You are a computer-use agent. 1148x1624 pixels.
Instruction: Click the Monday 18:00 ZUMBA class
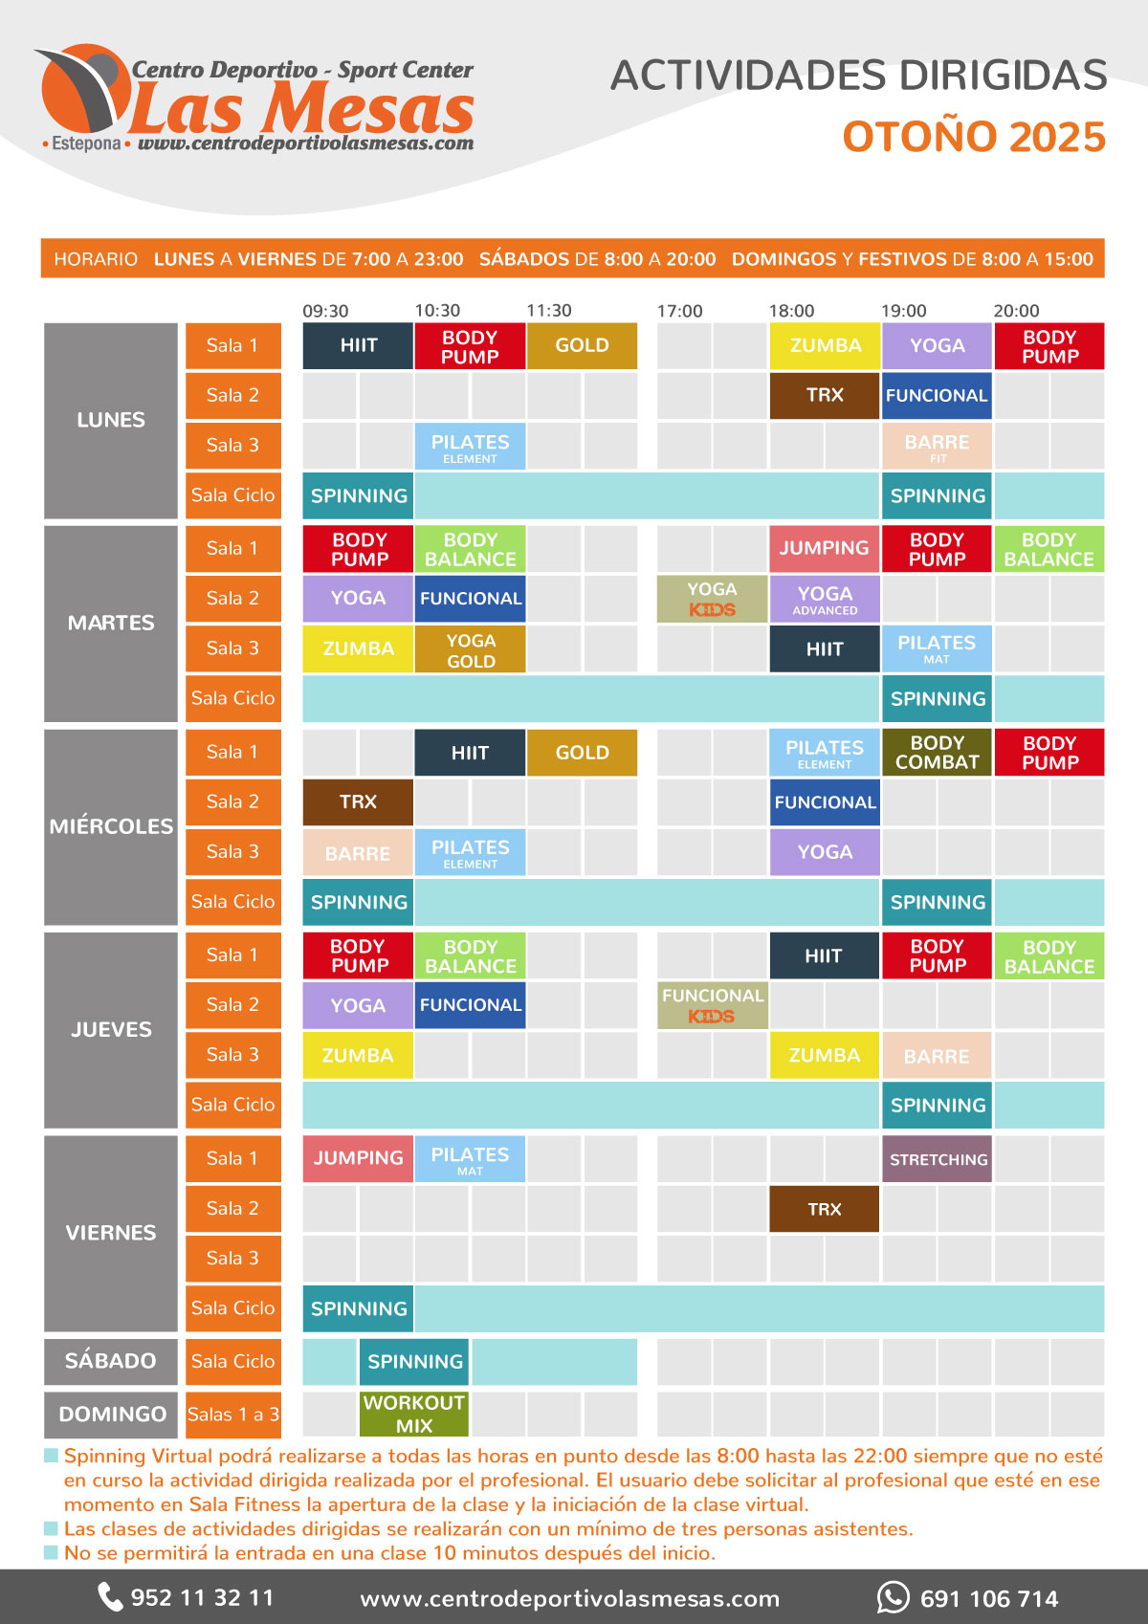[825, 346]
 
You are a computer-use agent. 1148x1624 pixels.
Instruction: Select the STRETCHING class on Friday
[938, 1159]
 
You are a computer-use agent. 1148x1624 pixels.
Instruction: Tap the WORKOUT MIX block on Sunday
[413, 1414]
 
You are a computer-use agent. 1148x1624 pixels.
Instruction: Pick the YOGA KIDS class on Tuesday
[712, 599]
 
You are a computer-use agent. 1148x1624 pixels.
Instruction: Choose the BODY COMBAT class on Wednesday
[937, 753]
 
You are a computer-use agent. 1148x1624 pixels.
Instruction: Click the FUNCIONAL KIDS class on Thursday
[712, 1005]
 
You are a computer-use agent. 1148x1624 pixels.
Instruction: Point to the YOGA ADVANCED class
[825, 599]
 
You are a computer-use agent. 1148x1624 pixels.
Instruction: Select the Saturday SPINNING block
[414, 1362]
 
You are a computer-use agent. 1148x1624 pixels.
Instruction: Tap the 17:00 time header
[679, 311]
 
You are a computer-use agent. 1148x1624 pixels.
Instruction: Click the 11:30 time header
[549, 311]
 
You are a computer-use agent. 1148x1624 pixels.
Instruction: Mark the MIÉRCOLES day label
[111, 826]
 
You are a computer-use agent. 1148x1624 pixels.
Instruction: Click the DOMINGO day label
[112, 1414]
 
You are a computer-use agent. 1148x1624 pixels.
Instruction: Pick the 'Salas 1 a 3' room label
[233, 1414]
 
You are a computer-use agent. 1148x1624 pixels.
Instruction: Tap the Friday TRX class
[824, 1209]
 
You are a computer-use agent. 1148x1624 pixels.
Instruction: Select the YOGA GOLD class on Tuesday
[470, 649]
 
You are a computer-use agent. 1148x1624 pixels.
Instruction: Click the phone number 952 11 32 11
[202, 1598]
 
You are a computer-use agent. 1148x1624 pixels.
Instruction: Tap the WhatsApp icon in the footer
[893, 1597]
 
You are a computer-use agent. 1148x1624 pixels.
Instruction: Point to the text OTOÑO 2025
[974, 137]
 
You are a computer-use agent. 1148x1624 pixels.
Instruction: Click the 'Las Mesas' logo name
[301, 108]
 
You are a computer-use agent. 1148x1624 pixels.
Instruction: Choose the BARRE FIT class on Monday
[937, 447]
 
